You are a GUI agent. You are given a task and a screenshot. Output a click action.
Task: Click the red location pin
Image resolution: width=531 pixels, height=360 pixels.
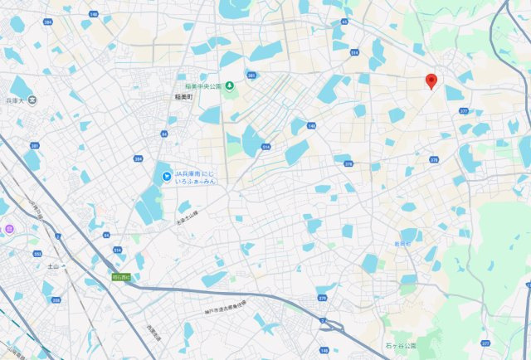point(431,81)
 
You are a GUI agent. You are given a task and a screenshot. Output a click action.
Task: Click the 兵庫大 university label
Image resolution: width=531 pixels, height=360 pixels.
point(13,100)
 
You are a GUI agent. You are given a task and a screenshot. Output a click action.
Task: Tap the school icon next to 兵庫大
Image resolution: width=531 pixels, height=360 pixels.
point(32,100)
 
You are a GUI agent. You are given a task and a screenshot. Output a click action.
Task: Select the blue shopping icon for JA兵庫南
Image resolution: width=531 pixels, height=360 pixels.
point(165,174)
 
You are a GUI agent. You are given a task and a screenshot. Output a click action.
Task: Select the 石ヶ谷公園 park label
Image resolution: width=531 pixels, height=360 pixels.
point(402,344)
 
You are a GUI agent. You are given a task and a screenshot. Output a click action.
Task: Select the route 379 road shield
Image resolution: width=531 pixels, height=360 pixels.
point(322,297)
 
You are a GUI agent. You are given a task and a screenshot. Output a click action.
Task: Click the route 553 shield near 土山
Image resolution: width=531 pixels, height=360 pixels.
point(38,254)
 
